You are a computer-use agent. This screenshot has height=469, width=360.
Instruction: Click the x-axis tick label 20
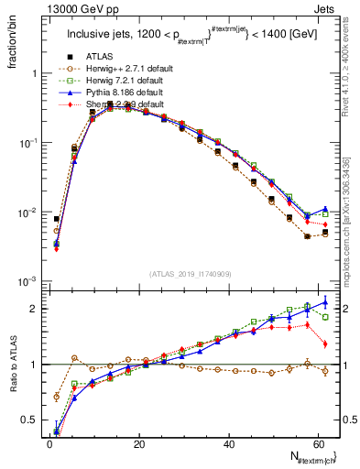coord(138,444)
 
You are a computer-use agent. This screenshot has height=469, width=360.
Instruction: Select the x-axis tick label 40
coord(228,444)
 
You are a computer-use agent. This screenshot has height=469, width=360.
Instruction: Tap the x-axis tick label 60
coord(318,444)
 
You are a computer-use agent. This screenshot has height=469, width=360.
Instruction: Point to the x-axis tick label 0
coord(49,444)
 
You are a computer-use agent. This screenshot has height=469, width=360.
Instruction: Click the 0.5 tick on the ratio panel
coord(30,420)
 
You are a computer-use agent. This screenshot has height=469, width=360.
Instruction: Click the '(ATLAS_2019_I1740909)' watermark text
coord(190,274)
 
